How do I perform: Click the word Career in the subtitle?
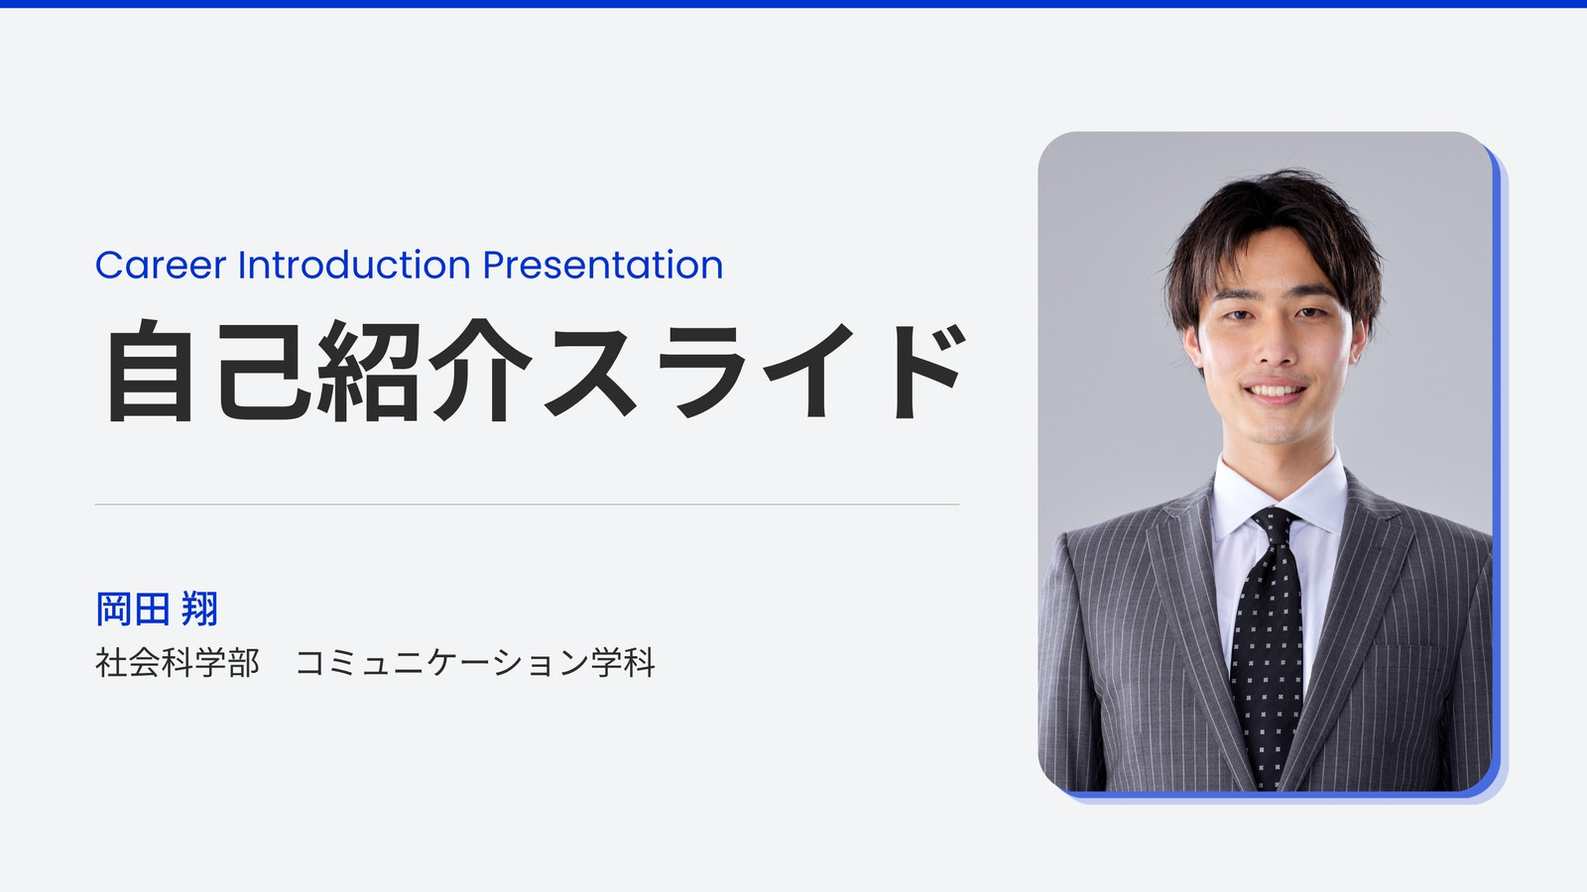click(x=161, y=266)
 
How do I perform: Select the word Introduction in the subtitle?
click(x=354, y=265)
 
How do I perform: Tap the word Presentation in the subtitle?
click(x=603, y=267)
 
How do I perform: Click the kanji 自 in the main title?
click(x=150, y=371)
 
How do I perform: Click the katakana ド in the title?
click(x=928, y=371)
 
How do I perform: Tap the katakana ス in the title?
click(x=591, y=371)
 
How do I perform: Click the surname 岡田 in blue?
click(x=133, y=609)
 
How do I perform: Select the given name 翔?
click(x=199, y=609)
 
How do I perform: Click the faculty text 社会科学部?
click(x=178, y=663)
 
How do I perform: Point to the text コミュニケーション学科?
click(x=475, y=663)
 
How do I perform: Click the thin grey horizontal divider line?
click(x=527, y=504)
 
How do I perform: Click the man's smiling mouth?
click(x=1275, y=390)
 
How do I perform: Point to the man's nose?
click(x=1274, y=347)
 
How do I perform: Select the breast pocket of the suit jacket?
click(x=1406, y=648)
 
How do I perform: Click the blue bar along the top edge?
click(x=793, y=4)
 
